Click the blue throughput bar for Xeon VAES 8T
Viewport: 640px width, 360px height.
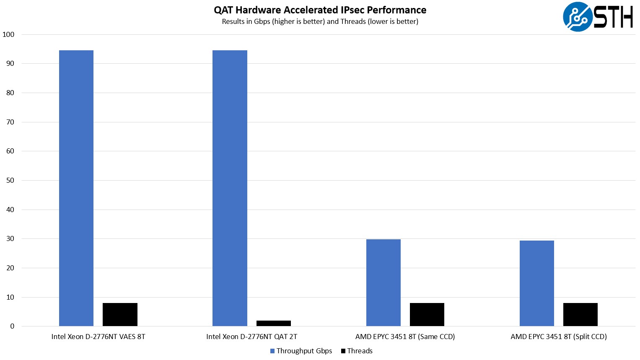click(76, 188)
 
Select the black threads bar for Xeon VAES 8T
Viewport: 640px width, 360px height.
click(120, 314)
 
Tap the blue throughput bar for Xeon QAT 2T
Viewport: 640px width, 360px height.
click(230, 188)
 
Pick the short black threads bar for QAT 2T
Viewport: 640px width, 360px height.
click(273, 323)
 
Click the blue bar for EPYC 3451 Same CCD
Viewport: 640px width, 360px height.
click(383, 282)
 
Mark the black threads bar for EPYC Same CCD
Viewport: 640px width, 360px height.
click(427, 314)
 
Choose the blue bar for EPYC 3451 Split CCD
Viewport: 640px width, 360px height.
click(536, 283)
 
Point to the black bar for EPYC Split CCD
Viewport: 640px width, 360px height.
click(580, 314)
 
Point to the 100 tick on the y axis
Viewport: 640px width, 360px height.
click(8, 34)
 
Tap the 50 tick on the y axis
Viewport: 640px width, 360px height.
click(10, 180)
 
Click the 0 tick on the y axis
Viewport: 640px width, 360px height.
click(12, 326)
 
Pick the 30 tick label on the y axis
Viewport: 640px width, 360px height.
click(10, 238)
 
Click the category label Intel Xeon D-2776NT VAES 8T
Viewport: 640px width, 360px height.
click(98, 337)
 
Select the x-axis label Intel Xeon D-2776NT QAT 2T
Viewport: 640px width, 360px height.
click(251, 337)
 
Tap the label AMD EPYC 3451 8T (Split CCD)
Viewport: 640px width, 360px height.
click(558, 337)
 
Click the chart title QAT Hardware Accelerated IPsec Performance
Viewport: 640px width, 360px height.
click(320, 10)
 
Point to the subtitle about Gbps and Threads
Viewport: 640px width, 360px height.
click(320, 21)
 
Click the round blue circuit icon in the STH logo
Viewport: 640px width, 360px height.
click(578, 17)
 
